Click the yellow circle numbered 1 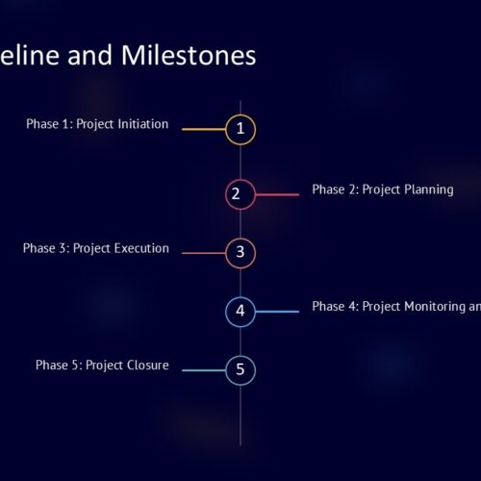240,114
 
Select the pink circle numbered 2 240,180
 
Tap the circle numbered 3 240,239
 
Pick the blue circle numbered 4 240,297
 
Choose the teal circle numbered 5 240,356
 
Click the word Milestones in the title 189,55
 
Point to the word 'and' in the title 89,55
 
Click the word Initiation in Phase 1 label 143,124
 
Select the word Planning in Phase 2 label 429,190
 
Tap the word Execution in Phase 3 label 141,248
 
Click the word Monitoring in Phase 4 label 435,307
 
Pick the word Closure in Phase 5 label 148,365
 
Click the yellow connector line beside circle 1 204,129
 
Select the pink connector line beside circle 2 277,194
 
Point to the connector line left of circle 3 204,253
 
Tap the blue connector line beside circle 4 277,312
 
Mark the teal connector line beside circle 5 204,370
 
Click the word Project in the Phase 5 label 105,366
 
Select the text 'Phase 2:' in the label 336,190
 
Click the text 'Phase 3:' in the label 46,248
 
